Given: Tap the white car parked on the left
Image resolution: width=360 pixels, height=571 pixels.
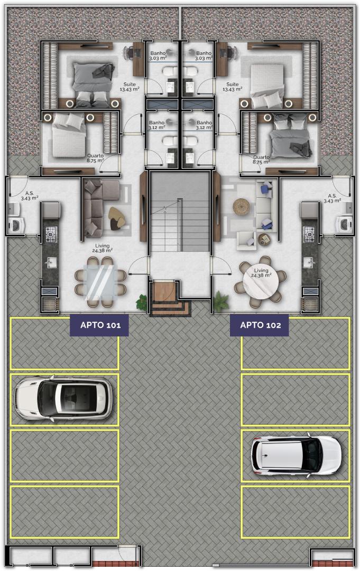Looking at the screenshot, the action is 63,399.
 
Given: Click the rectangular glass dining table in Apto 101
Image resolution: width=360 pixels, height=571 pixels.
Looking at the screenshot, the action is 100,282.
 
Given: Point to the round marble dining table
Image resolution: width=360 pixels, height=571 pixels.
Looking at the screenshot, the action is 261,280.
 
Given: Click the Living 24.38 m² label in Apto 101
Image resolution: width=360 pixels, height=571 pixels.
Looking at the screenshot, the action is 102,248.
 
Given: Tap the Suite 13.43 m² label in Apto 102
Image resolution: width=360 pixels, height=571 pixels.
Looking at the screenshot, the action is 232,87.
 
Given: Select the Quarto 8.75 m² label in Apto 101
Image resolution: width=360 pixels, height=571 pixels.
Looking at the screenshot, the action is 95,158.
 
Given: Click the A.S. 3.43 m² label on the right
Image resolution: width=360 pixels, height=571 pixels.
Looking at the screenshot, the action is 333,198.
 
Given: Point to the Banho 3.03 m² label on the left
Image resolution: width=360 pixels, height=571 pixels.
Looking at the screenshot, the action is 158,56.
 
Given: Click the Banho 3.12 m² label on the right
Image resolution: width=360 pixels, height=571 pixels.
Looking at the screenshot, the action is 204,125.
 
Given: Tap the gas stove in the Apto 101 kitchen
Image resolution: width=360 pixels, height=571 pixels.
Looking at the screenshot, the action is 51,233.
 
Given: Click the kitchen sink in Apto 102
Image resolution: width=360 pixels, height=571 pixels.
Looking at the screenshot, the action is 309,262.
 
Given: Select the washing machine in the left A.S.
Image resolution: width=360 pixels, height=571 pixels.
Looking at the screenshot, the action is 16,225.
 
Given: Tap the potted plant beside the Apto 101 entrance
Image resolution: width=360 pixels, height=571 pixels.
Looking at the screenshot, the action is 142,302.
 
